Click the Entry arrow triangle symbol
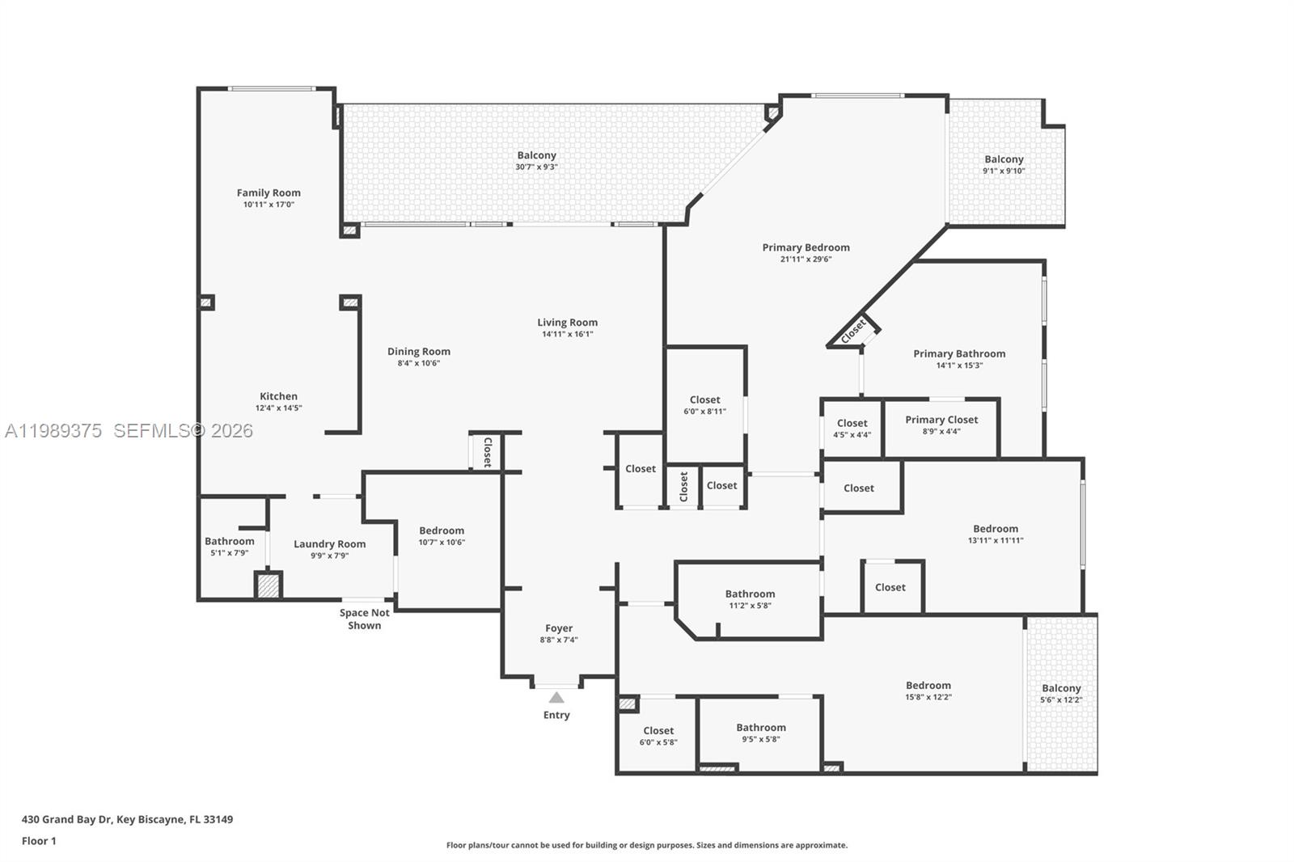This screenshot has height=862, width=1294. click(x=556, y=698)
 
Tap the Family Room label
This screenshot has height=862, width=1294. click(x=269, y=192)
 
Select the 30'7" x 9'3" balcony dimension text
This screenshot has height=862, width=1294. click(x=536, y=167)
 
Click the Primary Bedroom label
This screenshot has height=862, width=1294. click(x=806, y=247)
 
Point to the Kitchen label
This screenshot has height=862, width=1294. click(x=278, y=396)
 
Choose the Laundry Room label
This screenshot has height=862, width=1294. click(x=329, y=544)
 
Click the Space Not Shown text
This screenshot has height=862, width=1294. click(x=364, y=619)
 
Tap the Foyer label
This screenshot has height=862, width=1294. click(x=559, y=628)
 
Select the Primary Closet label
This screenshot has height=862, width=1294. click(x=941, y=420)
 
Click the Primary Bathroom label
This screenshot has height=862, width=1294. click(x=959, y=353)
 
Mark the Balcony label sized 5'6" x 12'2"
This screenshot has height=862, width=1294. click(x=1061, y=688)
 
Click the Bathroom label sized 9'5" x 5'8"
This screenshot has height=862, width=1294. click(x=761, y=727)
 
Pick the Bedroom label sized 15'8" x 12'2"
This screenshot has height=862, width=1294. click(x=928, y=685)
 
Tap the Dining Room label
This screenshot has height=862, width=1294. click(x=418, y=351)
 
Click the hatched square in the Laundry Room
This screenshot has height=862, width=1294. click(x=268, y=585)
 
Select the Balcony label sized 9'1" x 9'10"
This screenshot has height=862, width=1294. click(x=1004, y=159)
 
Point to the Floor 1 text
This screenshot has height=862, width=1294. click(x=39, y=841)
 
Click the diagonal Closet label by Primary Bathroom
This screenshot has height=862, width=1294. click(x=853, y=331)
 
